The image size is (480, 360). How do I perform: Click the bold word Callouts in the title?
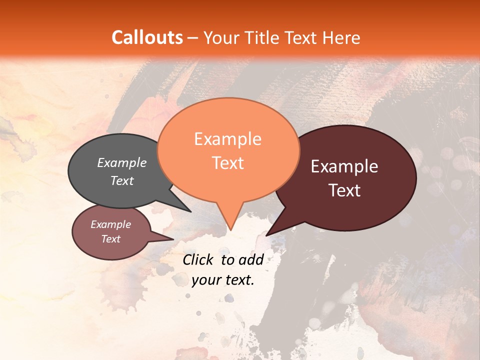pyautogui.click(x=147, y=37)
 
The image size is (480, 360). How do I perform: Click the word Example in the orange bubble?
pyautogui.click(x=228, y=139)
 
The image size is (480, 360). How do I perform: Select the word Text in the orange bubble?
pyautogui.click(x=228, y=163)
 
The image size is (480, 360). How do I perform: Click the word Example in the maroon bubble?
pyautogui.click(x=344, y=166)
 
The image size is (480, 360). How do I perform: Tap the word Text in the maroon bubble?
pyautogui.click(x=344, y=190)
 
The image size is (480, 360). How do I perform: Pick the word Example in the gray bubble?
pyautogui.click(x=122, y=163)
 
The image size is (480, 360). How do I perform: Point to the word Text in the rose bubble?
pyautogui.click(x=111, y=239)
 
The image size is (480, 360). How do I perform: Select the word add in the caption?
pyautogui.click(x=251, y=259)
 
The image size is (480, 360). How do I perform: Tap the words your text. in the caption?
pyautogui.click(x=223, y=280)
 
